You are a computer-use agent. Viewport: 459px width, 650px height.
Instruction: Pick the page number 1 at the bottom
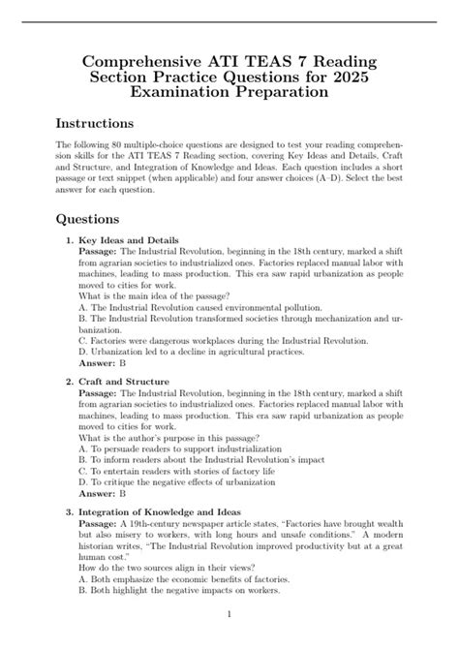tap(229, 614)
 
